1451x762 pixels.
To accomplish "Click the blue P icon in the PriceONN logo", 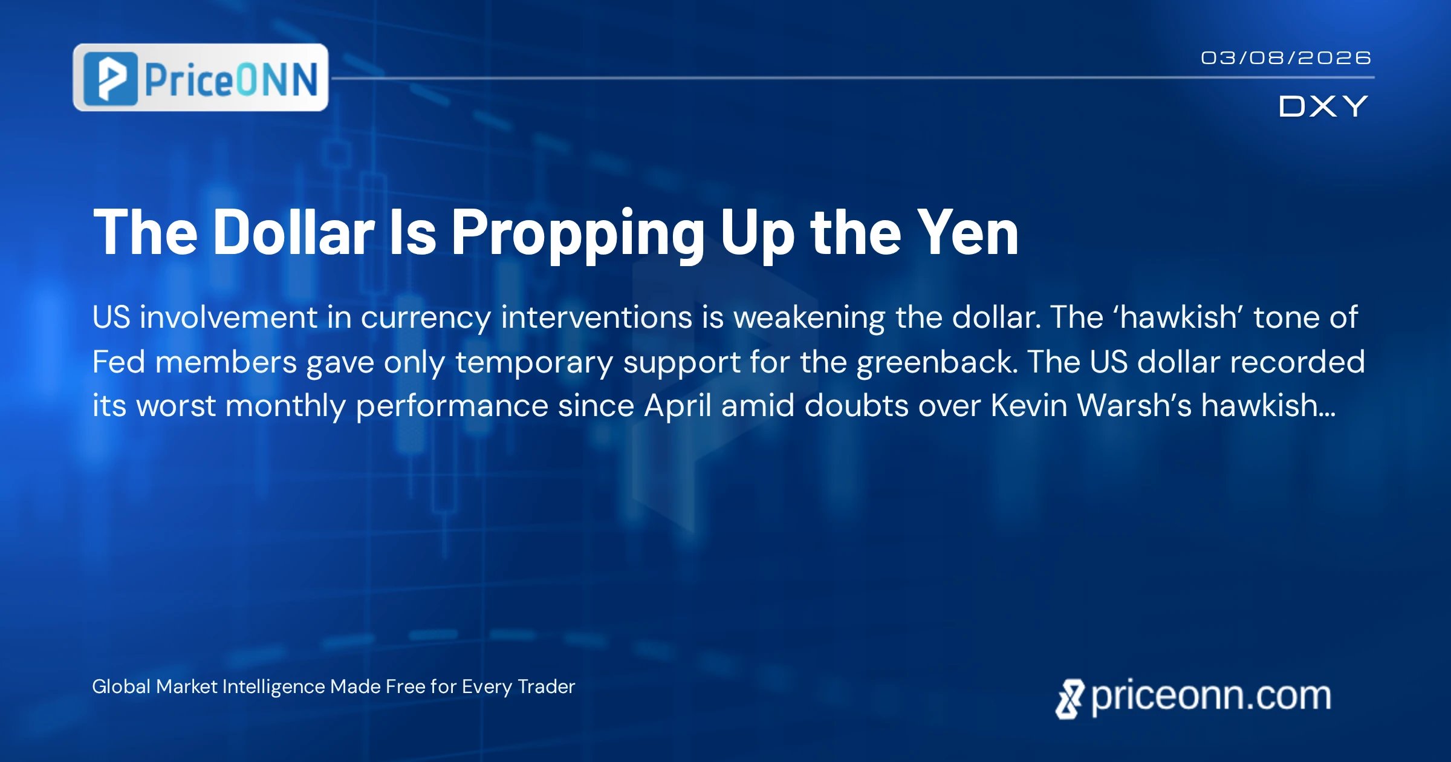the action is pyautogui.click(x=111, y=79).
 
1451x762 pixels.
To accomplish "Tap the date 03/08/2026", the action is pyautogui.click(x=1286, y=58).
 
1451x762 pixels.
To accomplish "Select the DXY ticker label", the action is pyautogui.click(x=1323, y=106).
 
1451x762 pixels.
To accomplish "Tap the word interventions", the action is pyautogui.click(x=597, y=317).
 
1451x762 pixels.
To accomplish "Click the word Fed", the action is pyautogui.click(x=118, y=362).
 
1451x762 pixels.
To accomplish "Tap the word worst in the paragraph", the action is pyautogui.click(x=176, y=406).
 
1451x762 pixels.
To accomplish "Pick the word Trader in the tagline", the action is pyautogui.click(x=546, y=687).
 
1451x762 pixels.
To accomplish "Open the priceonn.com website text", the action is pyautogui.click(x=1211, y=697).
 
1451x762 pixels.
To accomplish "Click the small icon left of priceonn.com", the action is pyautogui.click(x=1070, y=699).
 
